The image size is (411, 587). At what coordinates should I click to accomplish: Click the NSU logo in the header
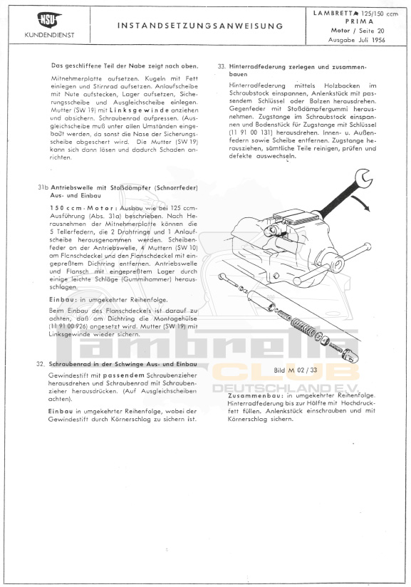[x=49, y=20]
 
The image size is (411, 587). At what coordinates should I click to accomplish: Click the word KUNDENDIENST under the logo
[x=49, y=35]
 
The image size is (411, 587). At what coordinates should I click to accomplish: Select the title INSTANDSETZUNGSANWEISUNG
[x=200, y=26]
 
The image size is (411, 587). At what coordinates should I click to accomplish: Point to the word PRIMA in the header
[x=359, y=21]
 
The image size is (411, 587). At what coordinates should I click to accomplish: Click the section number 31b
[x=43, y=187]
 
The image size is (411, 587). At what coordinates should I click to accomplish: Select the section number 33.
[x=222, y=67]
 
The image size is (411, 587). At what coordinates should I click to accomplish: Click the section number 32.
[x=41, y=364]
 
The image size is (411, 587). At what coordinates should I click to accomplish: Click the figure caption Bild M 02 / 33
[x=296, y=370]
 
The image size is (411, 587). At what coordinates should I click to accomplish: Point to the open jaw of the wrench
[x=363, y=177]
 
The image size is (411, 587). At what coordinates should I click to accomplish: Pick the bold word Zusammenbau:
[x=256, y=395]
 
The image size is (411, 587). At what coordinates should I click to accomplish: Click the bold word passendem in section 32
[x=124, y=375]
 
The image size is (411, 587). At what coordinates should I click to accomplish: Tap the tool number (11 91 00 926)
[x=68, y=326]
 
